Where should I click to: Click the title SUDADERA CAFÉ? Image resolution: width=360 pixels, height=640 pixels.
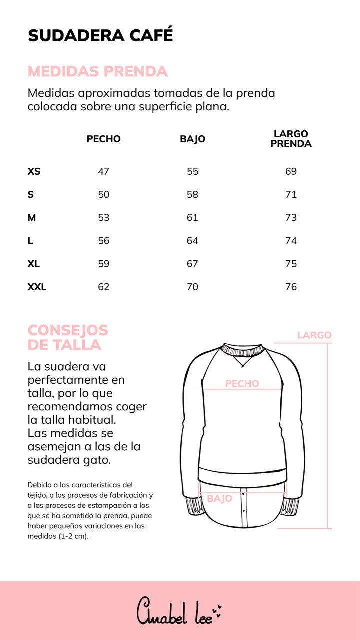100,35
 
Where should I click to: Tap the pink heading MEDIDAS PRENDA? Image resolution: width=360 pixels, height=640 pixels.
98,71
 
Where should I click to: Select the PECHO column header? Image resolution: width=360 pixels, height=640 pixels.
104,139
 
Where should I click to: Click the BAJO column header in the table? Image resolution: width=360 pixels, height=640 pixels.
193,139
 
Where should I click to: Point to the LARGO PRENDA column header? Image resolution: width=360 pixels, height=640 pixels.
291,139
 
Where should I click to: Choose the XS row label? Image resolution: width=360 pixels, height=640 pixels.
34,171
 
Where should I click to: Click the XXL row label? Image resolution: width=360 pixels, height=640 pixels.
37,287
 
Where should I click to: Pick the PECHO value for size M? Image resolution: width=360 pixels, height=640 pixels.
104,218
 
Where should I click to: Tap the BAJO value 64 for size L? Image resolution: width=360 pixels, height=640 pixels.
193,241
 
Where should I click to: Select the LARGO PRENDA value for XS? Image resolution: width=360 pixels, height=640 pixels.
291,171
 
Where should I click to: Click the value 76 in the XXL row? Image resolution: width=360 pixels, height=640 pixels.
291,287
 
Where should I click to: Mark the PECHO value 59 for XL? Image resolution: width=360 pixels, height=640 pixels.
104,264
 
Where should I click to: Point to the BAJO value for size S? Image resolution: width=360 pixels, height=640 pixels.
193,195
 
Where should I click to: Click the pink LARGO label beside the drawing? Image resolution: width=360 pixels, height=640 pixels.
314,335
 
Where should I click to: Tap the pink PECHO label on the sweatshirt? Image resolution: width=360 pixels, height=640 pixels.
242,384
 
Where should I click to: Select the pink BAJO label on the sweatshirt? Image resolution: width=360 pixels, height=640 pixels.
220,498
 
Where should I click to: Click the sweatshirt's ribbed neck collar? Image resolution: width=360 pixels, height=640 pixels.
242,350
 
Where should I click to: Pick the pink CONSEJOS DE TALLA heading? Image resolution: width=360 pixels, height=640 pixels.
68,337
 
